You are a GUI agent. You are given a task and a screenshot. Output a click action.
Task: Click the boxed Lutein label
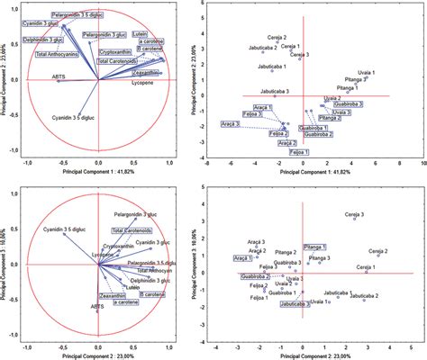point(140,34)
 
